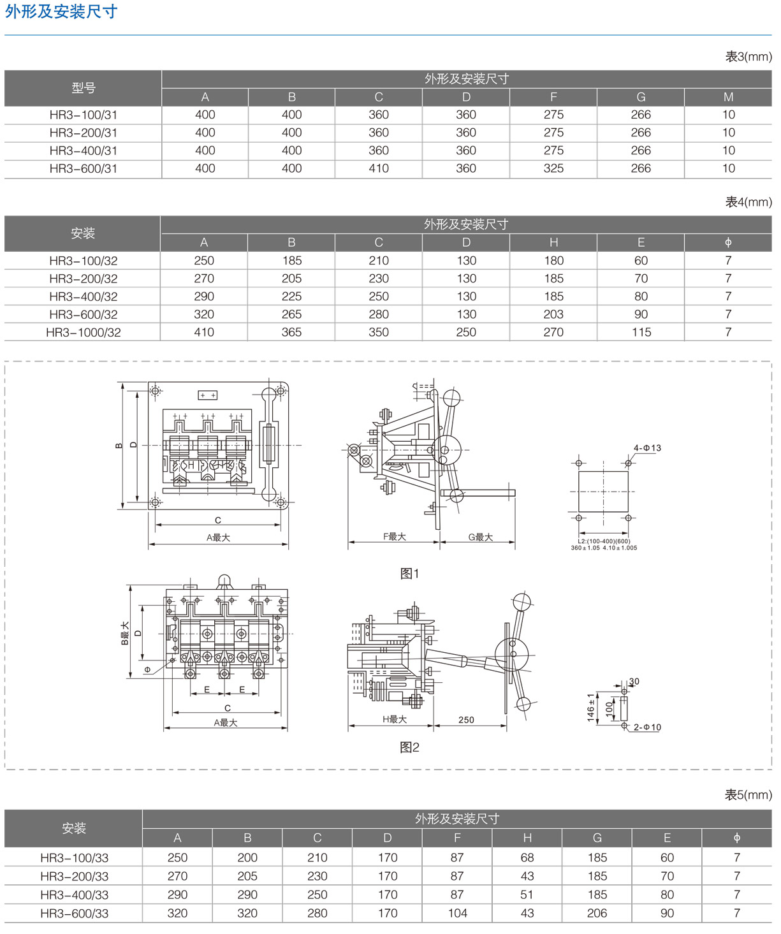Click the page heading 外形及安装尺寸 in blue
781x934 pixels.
[x=61, y=11]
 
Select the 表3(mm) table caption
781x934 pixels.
[x=748, y=57]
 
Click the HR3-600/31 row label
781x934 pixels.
[x=83, y=169]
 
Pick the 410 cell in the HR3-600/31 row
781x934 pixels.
[x=379, y=169]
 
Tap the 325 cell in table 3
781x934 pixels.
[x=553, y=169]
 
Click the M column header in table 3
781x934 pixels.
[x=728, y=97]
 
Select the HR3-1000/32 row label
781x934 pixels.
[x=83, y=332]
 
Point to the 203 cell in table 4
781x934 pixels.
[x=553, y=314]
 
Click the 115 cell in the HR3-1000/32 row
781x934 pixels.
[x=641, y=332]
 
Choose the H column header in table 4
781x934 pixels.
[x=554, y=242]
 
